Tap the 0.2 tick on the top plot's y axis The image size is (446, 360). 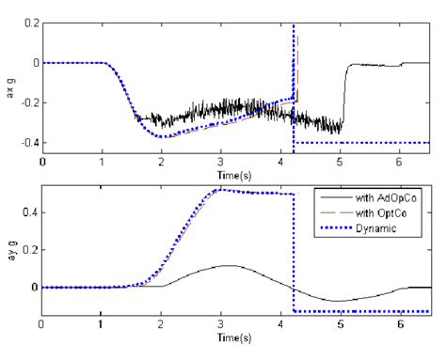(30, 22)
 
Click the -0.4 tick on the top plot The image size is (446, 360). (28, 143)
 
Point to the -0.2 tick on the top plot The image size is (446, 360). (28, 102)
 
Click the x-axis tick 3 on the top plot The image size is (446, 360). (220, 161)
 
